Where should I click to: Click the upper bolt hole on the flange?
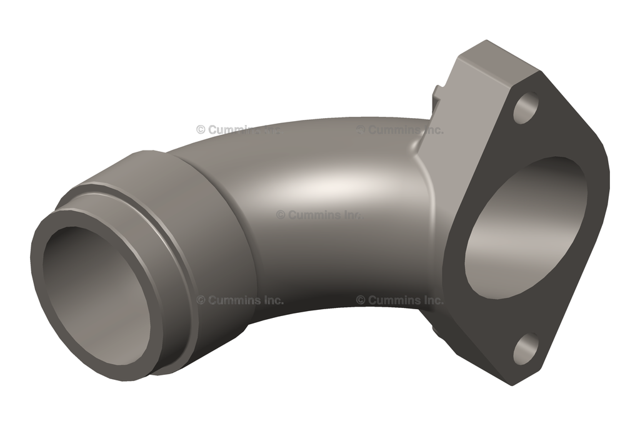[x=526, y=107]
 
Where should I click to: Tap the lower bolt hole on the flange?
[x=526, y=349]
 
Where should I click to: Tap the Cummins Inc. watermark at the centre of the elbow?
[x=319, y=214]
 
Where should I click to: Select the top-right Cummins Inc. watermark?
[x=400, y=130]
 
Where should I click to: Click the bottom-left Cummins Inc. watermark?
[x=240, y=300]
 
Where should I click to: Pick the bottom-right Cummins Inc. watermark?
[x=400, y=300]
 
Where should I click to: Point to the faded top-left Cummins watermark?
[x=237, y=130]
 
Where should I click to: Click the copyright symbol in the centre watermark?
[x=281, y=214]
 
